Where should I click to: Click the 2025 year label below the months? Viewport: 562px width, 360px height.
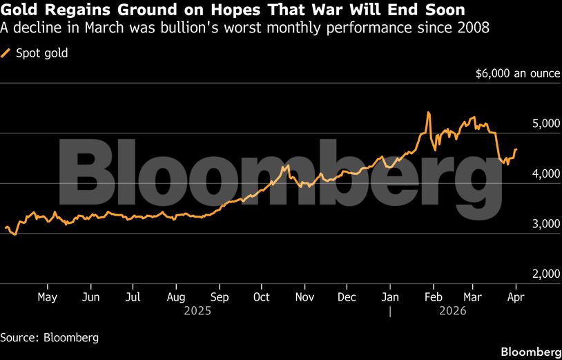tap(197, 311)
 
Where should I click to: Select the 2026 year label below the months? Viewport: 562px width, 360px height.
tap(453, 311)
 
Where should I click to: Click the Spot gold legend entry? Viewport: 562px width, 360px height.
tap(41, 53)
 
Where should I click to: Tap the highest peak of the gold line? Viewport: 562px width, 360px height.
tap(429, 113)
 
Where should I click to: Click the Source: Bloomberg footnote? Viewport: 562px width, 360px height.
tap(49, 338)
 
